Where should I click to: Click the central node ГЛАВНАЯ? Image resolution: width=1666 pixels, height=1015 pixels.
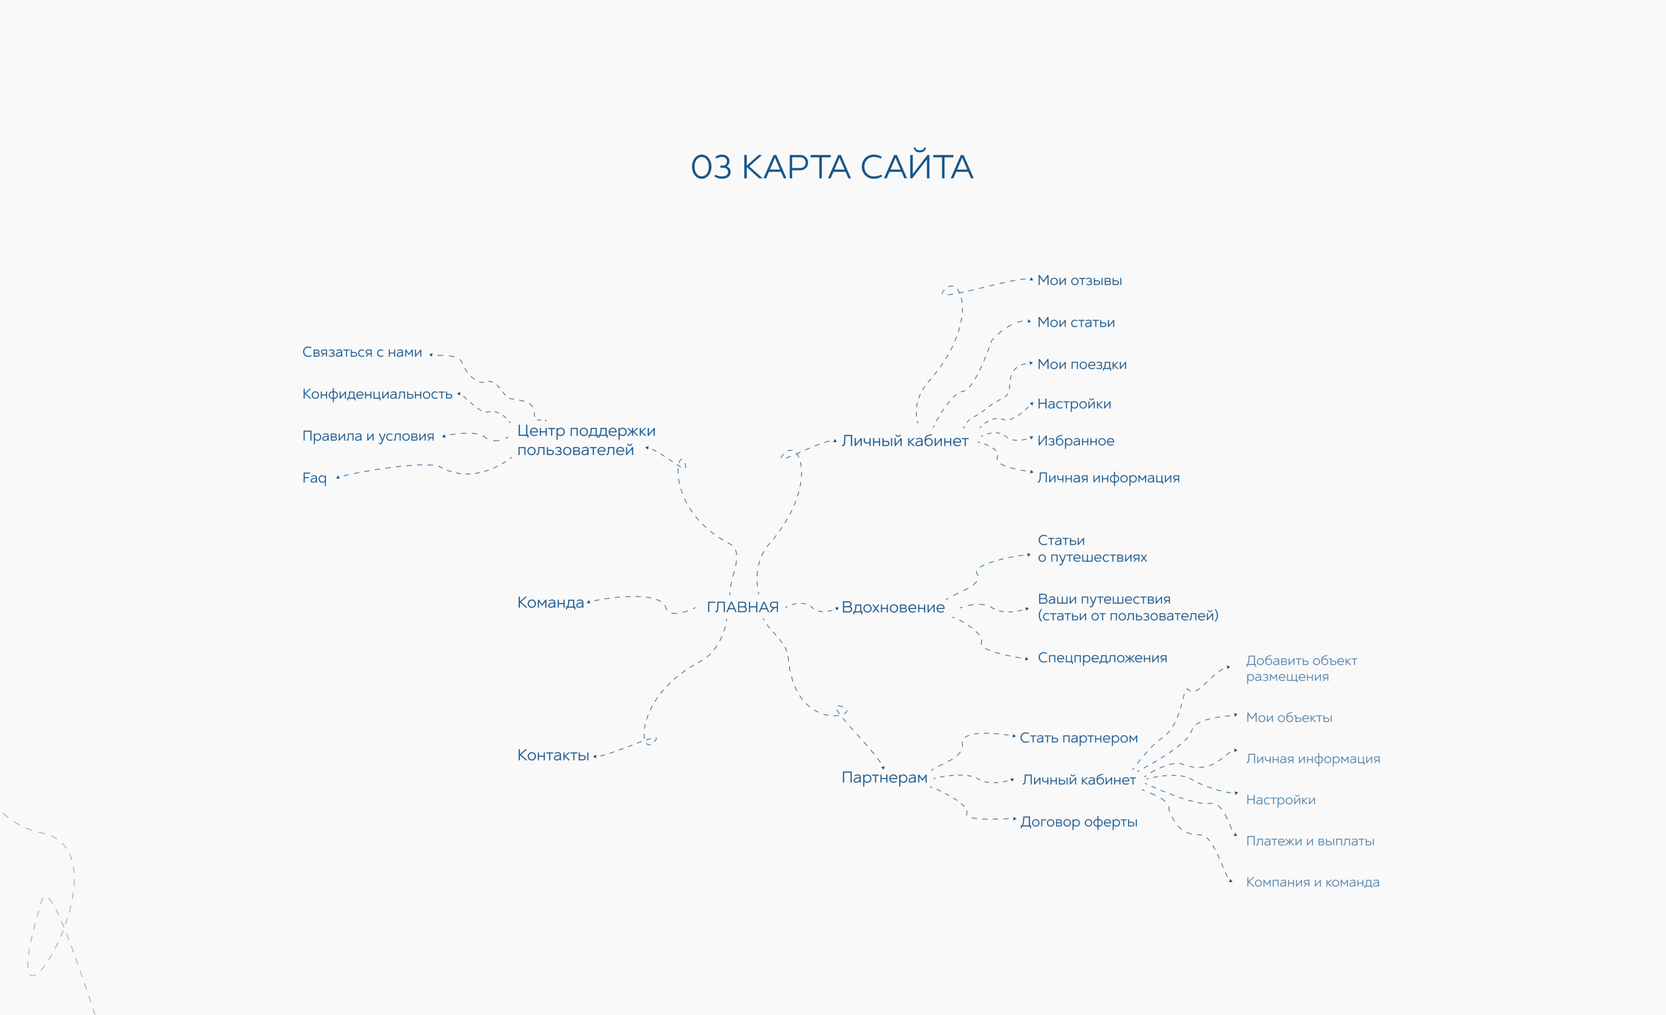coord(742,607)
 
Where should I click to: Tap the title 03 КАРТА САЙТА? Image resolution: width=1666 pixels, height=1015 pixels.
coord(831,167)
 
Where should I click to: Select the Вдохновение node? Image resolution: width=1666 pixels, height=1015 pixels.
coord(892,607)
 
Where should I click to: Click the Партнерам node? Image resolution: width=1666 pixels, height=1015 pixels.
coord(884,778)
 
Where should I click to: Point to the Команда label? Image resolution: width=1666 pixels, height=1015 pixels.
coord(550,603)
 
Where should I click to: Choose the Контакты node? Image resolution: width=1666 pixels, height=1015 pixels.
coord(553,755)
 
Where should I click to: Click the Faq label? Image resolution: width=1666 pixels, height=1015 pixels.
coord(314,478)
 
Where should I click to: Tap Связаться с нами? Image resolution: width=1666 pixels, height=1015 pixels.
coord(362,353)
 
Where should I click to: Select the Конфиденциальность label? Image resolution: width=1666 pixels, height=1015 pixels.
coord(377,394)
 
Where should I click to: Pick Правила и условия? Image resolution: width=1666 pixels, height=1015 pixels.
coord(368,436)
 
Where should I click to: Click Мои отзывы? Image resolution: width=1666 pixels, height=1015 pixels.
coord(1079,281)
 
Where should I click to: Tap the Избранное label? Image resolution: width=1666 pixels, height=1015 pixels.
coord(1075,441)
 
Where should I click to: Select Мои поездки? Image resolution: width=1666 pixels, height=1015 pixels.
coord(1082,365)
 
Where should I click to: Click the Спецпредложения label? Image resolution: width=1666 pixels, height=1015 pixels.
coord(1102,658)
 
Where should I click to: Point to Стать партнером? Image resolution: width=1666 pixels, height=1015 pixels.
coord(1078,738)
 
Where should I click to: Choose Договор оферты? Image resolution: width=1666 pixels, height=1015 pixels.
coord(1078,822)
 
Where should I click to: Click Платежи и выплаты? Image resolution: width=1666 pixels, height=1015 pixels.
coord(1310,841)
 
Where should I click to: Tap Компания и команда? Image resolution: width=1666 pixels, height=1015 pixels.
coord(1312,883)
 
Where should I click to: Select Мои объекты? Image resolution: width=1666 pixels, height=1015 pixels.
coord(1289,718)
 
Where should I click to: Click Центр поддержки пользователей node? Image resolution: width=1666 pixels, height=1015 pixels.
coord(586,440)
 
